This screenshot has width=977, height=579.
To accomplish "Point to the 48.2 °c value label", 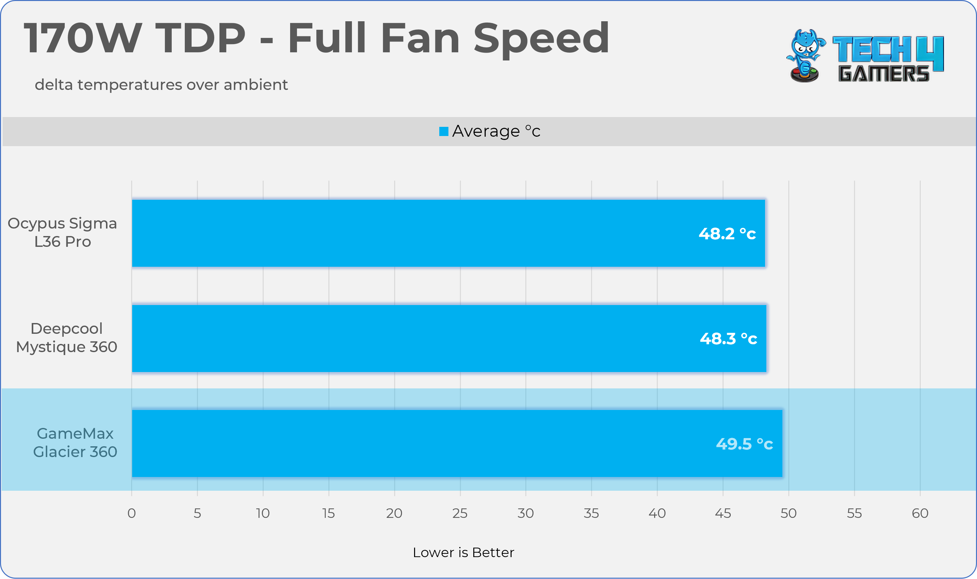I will click(x=727, y=234).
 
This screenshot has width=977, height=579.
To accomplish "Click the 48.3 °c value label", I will click(x=728, y=339).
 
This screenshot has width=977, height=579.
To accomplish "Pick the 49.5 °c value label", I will click(x=744, y=444).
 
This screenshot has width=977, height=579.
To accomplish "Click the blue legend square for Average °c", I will click(x=444, y=131).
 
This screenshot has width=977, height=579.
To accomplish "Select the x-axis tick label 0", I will click(x=131, y=513).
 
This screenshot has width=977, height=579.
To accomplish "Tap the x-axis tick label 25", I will click(x=460, y=513).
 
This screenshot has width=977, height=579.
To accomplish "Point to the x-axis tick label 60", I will click(x=920, y=513).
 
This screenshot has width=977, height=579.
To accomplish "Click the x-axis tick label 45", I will click(x=723, y=513).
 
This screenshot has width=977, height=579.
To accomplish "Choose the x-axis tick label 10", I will click(x=263, y=513).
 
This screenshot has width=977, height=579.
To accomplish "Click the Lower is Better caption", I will click(x=463, y=553).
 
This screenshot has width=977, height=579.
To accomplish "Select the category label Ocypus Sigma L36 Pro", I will click(x=62, y=232).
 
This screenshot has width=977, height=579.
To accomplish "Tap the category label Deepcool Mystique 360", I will click(x=66, y=337).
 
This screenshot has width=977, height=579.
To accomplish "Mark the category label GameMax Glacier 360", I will click(x=75, y=442).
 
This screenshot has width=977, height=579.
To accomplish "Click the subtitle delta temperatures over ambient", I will click(x=161, y=85).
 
